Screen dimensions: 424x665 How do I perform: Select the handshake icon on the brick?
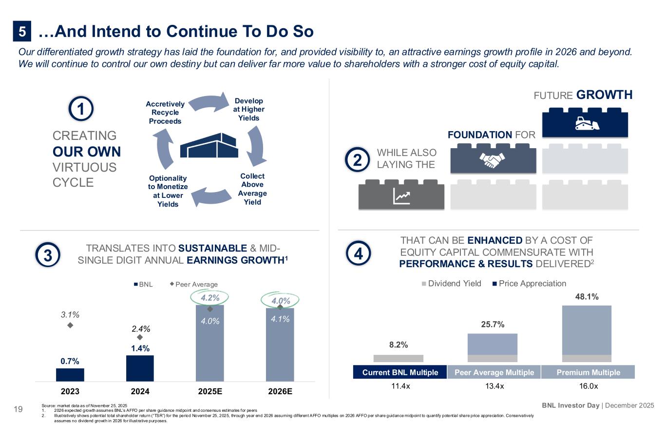pos(493,160)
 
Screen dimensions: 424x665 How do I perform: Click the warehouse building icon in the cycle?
pos(210,145)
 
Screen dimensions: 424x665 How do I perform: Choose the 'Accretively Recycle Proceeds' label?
pos(165,113)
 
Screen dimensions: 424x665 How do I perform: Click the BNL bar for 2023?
pos(70,374)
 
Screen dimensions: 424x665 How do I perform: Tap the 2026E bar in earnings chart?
pos(280,344)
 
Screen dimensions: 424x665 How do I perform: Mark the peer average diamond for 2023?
pos(70,325)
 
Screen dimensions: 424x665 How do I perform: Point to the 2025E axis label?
pos(210,391)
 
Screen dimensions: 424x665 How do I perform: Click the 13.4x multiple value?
pos(493,386)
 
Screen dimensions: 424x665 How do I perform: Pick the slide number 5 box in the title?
pos(22,32)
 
